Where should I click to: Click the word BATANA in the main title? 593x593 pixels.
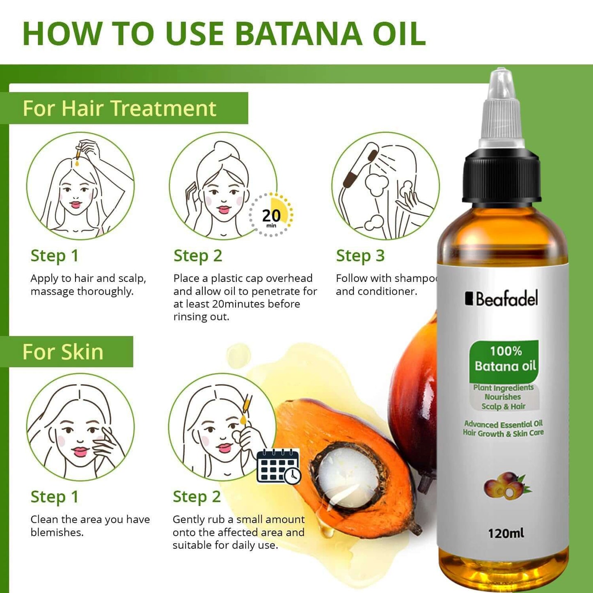(299, 34)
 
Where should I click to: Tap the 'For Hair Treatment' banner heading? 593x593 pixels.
(119, 108)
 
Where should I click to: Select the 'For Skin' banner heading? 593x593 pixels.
(63, 352)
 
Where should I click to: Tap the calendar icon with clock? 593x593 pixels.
(278, 467)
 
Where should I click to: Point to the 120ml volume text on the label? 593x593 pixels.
(506, 533)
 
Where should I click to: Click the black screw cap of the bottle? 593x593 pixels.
(501, 176)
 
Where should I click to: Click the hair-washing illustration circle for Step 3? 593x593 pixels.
(385, 186)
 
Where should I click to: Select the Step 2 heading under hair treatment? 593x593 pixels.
(198, 256)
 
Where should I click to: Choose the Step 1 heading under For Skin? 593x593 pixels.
(54, 497)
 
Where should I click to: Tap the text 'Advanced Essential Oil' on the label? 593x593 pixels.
(503, 424)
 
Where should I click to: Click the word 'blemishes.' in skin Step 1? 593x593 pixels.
(57, 532)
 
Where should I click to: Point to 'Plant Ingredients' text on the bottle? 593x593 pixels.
(503, 388)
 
